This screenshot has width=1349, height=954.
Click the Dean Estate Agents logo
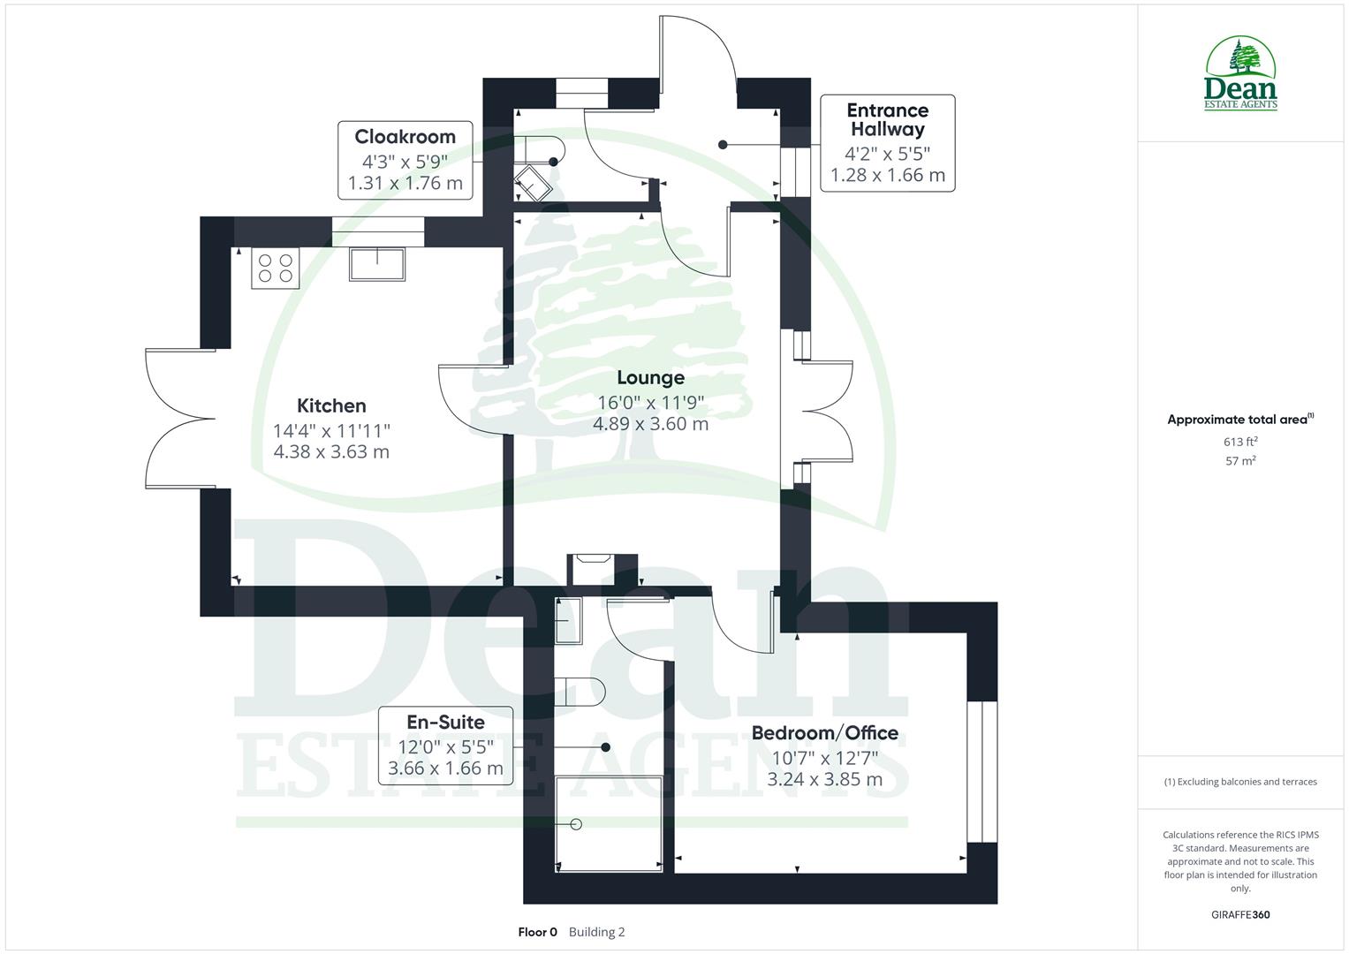click(x=1240, y=74)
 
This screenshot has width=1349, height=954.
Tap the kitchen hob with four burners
click(x=276, y=268)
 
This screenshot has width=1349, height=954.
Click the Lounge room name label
click(x=650, y=378)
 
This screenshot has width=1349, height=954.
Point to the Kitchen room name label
click(x=331, y=406)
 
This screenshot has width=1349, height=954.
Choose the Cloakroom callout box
click(x=405, y=161)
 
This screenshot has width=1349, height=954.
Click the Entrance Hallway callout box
click(x=887, y=143)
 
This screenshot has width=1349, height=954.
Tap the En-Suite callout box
click(x=445, y=745)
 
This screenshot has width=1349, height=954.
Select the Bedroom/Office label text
click(x=824, y=733)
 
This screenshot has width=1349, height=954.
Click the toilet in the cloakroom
click(x=540, y=149)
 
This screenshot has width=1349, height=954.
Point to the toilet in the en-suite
click(x=579, y=693)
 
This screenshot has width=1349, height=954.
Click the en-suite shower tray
click(x=609, y=823)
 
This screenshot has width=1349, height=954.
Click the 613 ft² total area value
click(x=1240, y=442)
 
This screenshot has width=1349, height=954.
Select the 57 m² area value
click(x=1240, y=461)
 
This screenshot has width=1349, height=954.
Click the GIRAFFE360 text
click(x=1240, y=915)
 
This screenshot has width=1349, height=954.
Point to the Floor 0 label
click(x=537, y=932)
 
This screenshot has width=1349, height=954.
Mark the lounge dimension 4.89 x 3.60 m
click(x=650, y=424)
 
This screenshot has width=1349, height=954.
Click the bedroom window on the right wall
click(x=981, y=772)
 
